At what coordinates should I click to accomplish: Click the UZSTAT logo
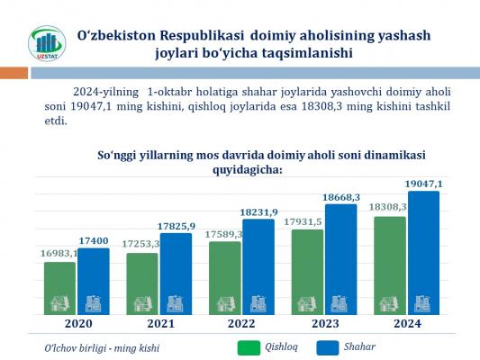[x=47, y=43]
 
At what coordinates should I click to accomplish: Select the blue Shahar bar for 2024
[x=423, y=253]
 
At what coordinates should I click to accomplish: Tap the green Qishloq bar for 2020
[x=59, y=288]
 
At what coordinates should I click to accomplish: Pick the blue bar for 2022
[x=258, y=267]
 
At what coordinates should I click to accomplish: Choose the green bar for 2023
[x=307, y=272]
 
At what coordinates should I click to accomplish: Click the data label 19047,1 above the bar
[x=423, y=184]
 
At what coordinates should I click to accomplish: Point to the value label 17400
[x=94, y=241]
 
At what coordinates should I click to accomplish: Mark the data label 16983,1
[x=59, y=253]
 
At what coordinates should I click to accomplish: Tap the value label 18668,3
[x=341, y=198]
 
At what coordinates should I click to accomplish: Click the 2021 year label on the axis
[x=160, y=324]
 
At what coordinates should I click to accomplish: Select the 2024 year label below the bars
[x=407, y=324]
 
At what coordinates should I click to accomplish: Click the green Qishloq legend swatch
[x=249, y=347]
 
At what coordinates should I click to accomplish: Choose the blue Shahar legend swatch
[x=328, y=347]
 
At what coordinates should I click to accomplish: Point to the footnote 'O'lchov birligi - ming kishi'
[x=102, y=348]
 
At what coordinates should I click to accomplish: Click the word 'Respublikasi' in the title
[x=202, y=36]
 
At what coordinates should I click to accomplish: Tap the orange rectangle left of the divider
[x=14, y=73]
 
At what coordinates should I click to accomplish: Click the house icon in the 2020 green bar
[x=59, y=303]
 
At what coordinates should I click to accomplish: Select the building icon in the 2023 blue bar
[x=340, y=304]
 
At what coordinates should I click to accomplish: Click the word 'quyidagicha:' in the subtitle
[x=248, y=170]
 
